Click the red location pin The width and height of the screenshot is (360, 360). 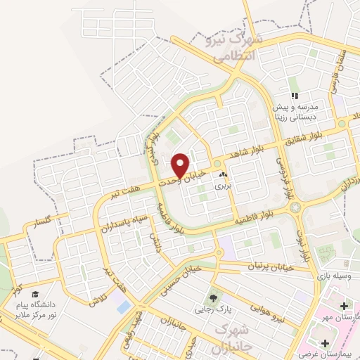click(180, 165)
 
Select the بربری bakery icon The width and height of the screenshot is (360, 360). click(224, 175)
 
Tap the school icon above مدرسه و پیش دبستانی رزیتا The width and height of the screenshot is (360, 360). click(296, 96)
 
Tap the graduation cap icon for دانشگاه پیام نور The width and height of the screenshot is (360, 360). click(35, 295)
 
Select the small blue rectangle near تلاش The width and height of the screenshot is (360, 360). click(124, 307)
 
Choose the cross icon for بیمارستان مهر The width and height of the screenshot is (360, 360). click(344, 306)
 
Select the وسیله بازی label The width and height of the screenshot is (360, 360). click(330, 277)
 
